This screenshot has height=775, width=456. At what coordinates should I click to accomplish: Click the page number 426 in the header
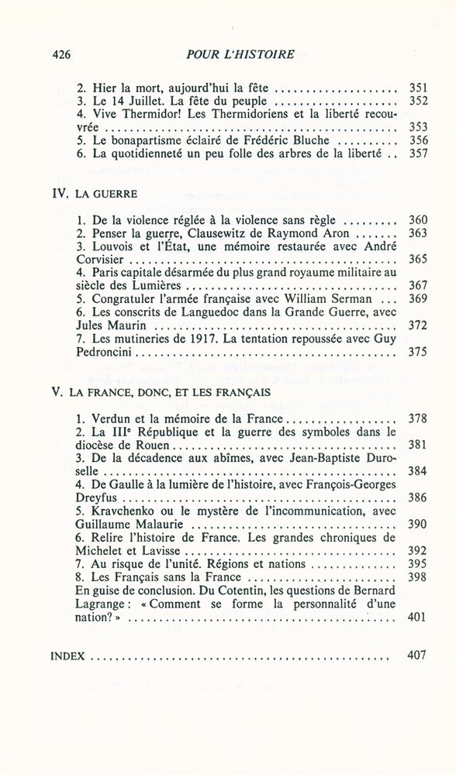point(61,54)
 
